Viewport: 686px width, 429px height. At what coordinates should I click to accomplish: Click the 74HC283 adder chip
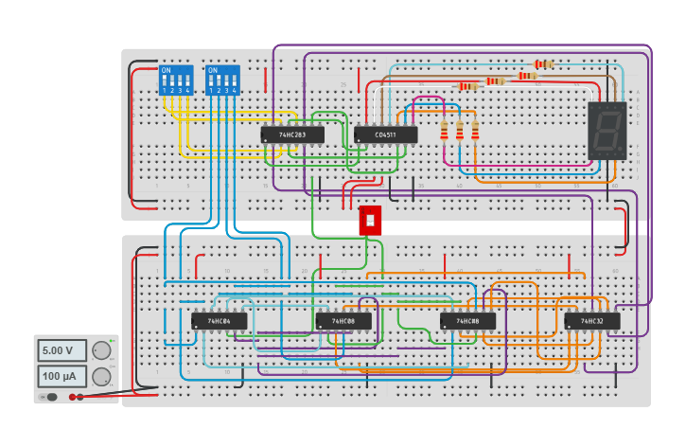pyautogui.click(x=292, y=134)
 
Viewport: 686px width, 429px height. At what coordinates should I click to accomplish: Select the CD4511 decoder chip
pyautogui.click(x=386, y=134)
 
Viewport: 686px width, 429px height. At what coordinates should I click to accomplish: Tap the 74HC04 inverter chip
pyautogui.click(x=220, y=321)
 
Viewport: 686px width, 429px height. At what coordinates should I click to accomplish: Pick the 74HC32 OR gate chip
pyautogui.click(x=592, y=321)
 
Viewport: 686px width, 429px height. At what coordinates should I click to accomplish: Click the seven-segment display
pyautogui.click(x=607, y=130)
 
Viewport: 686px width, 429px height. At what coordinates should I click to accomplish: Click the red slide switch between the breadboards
pyautogui.click(x=370, y=221)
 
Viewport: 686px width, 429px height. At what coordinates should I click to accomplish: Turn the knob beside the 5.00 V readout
pyautogui.click(x=101, y=350)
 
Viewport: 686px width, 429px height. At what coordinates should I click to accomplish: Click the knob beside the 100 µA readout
pyautogui.click(x=101, y=376)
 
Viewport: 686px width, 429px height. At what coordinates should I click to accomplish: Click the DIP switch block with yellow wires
pyautogui.click(x=176, y=80)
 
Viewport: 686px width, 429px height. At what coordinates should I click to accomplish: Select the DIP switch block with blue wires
pyautogui.click(x=222, y=80)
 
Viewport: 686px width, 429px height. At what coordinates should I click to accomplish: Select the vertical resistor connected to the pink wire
pyautogui.click(x=445, y=130)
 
